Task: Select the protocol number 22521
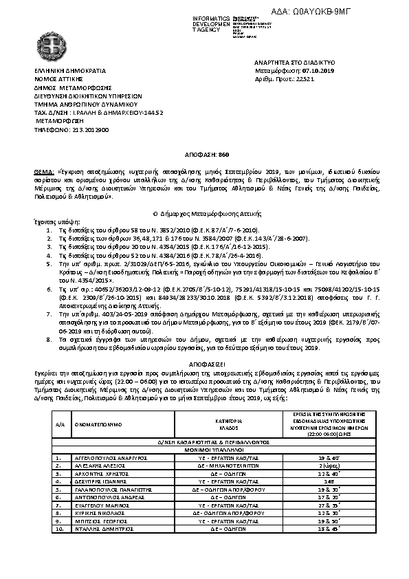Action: pos(303,79)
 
